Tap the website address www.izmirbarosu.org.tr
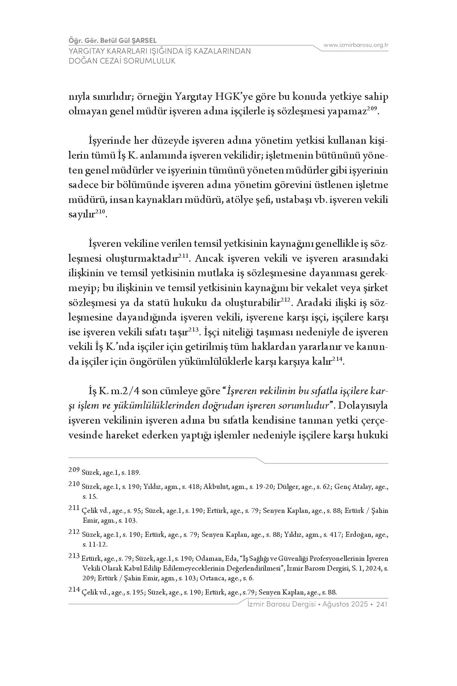coord(356,45)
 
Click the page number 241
coord(382,604)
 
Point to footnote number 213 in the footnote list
coord(74,556)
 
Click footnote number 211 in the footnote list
coord(74,508)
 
